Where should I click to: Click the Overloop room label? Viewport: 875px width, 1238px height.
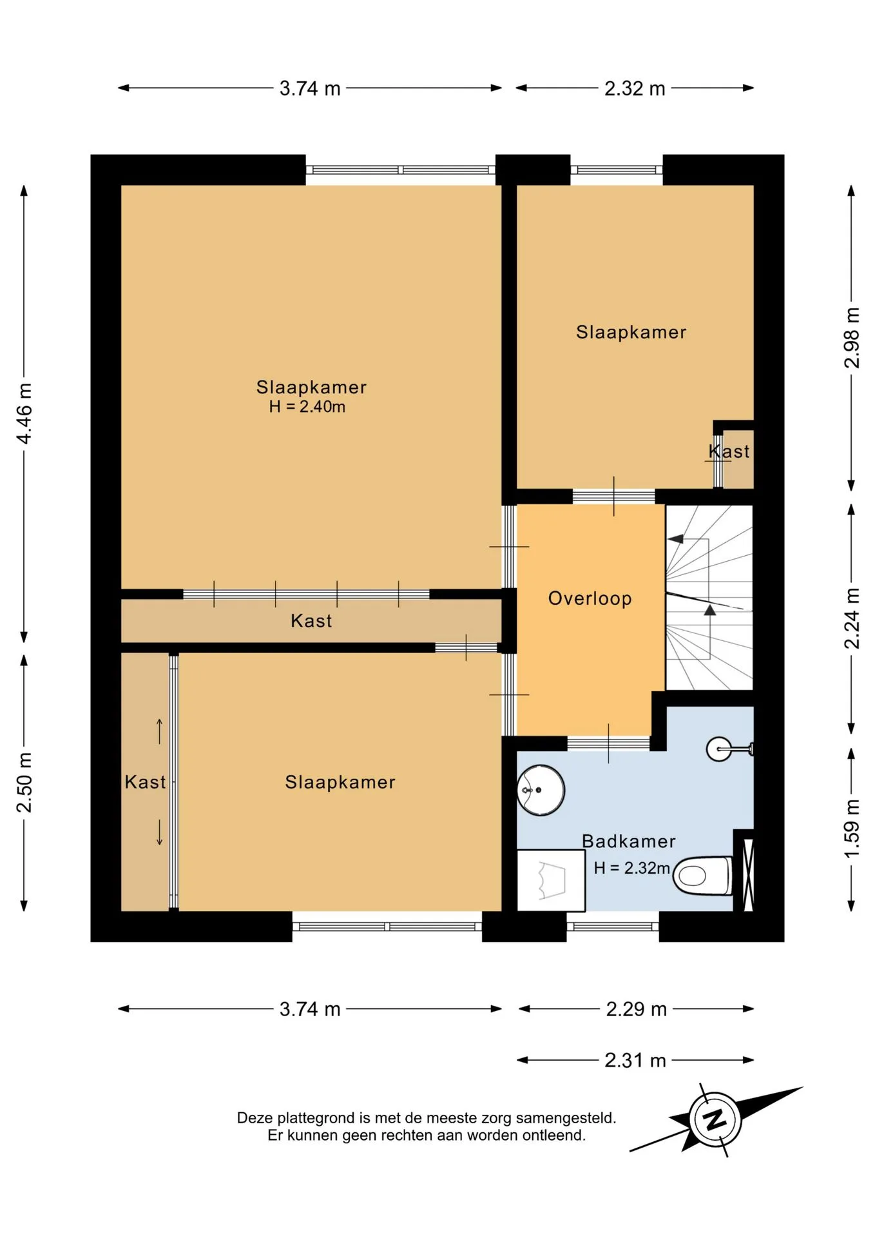click(x=590, y=598)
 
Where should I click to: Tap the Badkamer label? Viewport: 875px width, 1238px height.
click(x=629, y=841)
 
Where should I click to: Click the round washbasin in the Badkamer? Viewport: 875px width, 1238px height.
click(x=541, y=790)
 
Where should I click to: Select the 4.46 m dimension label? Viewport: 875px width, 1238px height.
click(x=24, y=413)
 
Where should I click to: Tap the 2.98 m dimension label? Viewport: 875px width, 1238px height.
click(x=852, y=338)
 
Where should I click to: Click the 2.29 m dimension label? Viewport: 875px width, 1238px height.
click(x=636, y=1009)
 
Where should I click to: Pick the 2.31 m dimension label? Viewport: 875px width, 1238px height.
click(x=635, y=1061)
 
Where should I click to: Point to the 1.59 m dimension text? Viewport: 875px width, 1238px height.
click(x=852, y=829)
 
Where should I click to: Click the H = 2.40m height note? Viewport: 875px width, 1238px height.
click(x=307, y=407)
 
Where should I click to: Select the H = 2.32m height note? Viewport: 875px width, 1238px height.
click(x=632, y=869)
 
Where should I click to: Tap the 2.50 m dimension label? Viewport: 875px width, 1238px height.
click(x=24, y=782)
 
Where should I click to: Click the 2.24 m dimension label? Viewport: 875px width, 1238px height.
click(x=852, y=618)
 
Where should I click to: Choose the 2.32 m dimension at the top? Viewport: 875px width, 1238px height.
click(x=635, y=88)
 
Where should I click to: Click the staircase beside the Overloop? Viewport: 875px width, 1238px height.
click(x=709, y=598)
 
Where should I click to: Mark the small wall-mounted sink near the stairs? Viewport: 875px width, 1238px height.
click(x=729, y=749)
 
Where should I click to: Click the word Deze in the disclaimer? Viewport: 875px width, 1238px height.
click(x=255, y=1118)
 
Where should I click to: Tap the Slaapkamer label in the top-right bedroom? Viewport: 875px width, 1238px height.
click(x=631, y=332)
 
